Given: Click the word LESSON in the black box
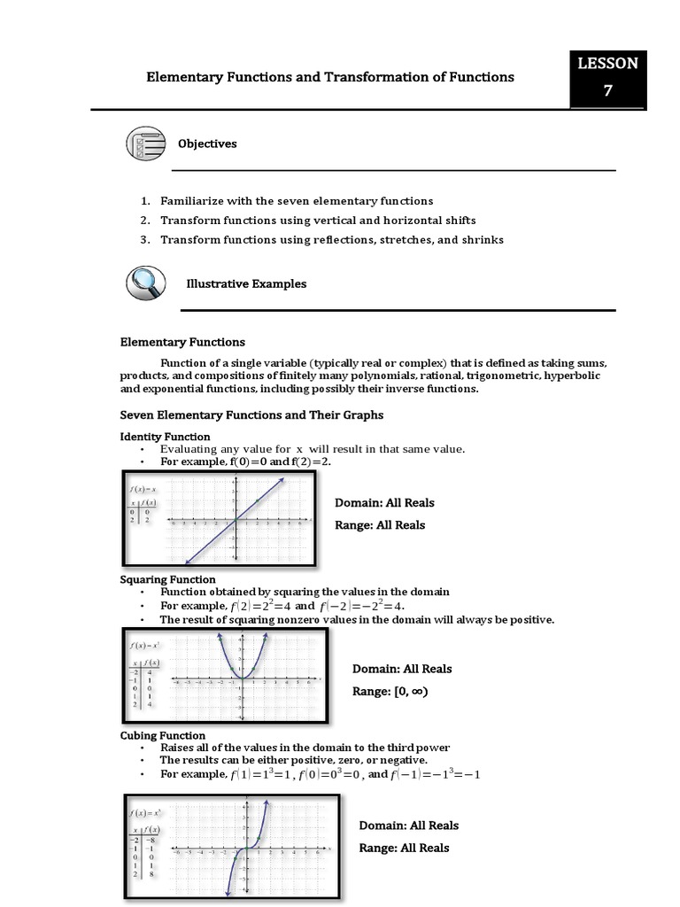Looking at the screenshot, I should [607, 64].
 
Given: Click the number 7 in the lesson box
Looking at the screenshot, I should [607, 91].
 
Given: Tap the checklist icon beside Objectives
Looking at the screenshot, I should [143, 143].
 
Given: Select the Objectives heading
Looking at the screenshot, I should [207, 143].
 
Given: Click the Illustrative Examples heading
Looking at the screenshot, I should [246, 284].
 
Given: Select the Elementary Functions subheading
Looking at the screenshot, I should [182, 342].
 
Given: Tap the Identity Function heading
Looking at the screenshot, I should [165, 437].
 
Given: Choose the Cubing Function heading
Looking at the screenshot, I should [162, 735].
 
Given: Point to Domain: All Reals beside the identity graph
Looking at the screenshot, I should [384, 503].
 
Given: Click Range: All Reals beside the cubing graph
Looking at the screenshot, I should [404, 848].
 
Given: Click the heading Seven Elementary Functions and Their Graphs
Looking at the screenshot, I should [251, 415].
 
